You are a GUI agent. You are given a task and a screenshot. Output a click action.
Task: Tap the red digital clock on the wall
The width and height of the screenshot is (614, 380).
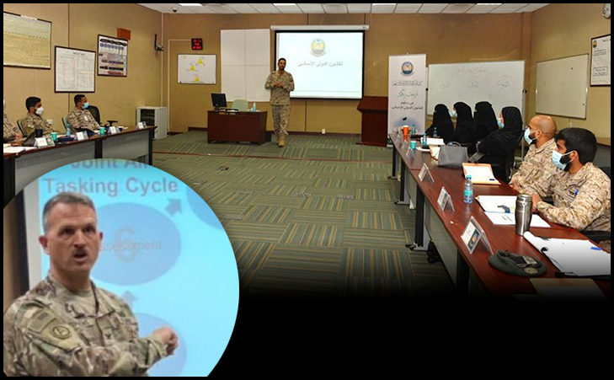pos(196,44)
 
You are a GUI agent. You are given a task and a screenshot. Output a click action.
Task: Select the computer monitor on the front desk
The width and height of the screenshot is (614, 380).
pos(218,101)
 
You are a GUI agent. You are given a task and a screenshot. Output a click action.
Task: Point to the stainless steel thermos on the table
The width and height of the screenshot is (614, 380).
pos(523,214)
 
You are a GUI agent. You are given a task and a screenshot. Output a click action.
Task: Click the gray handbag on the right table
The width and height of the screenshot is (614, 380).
pos(451,154)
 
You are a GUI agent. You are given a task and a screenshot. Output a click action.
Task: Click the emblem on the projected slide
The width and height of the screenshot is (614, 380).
pos(318,46)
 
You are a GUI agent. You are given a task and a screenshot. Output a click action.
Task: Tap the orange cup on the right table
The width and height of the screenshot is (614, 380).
pos(405,131)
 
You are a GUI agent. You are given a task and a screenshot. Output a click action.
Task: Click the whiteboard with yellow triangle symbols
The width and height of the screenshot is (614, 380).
pos(196,69)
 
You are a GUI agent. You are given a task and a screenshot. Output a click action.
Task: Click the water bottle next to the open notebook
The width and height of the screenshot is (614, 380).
pos(467,189)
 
